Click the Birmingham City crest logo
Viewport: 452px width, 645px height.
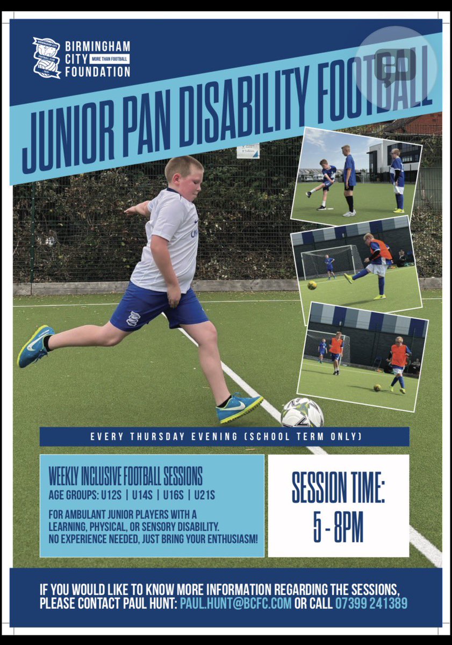[x=46, y=58]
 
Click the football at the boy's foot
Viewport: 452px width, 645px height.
[x=302, y=413]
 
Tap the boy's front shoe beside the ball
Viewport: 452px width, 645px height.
[x=239, y=407]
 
